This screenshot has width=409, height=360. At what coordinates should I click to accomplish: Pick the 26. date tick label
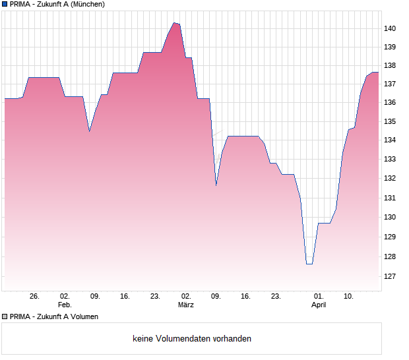34,297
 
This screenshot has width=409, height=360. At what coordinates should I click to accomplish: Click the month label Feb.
64,305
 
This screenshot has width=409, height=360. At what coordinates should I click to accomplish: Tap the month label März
185,305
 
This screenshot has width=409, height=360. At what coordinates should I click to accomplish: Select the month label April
319,305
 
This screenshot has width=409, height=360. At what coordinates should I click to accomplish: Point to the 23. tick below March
276,297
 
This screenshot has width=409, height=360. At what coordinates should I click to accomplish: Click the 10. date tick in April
349,297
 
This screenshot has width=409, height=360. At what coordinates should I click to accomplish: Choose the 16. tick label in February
125,297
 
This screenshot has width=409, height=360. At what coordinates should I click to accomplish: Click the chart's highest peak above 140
175,23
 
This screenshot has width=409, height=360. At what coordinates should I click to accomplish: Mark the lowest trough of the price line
309,264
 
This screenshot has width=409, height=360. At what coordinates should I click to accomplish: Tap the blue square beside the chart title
5,4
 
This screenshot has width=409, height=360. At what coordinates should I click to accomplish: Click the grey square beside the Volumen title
5,316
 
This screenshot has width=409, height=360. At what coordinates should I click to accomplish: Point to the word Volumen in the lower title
83,316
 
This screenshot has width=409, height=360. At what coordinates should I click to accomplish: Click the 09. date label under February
95,297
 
